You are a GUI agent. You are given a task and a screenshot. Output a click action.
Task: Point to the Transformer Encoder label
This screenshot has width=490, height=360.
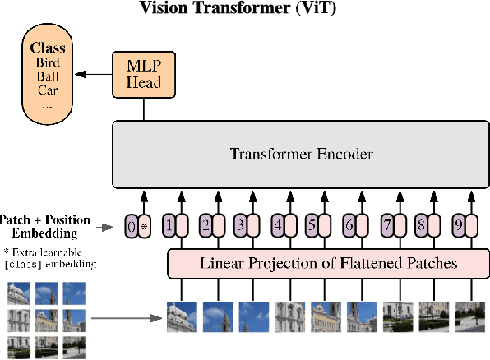point(301,154)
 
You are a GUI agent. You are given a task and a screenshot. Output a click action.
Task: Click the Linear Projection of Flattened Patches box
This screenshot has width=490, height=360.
point(328,264)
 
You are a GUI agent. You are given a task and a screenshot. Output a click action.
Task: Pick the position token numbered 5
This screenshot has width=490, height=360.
point(312,224)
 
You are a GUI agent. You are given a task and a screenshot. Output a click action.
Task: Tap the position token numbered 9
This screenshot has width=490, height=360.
point(459,224)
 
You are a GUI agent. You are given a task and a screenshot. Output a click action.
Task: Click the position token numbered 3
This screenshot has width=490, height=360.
point(240,224)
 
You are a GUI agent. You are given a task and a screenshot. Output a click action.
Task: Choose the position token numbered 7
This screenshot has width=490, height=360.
point(387,224)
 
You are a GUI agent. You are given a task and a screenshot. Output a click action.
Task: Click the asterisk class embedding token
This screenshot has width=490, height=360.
point(145,224)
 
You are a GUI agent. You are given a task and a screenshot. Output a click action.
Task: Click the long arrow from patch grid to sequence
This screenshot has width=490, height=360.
point(123,318)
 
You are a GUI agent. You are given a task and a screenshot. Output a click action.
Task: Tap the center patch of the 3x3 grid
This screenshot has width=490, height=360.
point(46,319)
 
